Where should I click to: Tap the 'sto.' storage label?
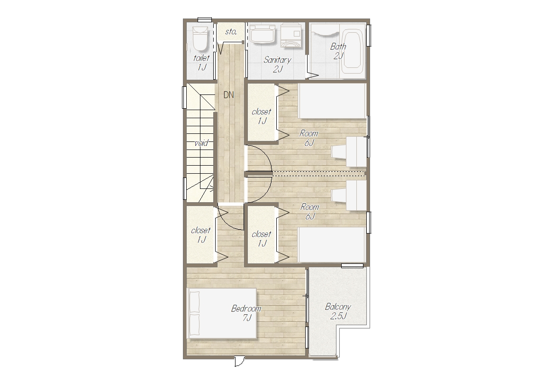231,32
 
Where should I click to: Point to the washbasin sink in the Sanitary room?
263,34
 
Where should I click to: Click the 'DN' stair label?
228,95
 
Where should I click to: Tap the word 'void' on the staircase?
201,143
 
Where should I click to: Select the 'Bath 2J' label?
338,51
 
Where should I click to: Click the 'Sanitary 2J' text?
277,64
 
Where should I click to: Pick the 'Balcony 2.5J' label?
338,311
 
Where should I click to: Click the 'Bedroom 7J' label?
246,313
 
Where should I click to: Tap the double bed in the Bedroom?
222,313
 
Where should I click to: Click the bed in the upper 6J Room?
332,101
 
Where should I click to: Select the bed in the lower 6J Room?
332,244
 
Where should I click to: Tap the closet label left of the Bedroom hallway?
201,234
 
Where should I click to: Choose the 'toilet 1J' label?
201,63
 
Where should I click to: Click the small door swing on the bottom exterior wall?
239,361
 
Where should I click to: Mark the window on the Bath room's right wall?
369,36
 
